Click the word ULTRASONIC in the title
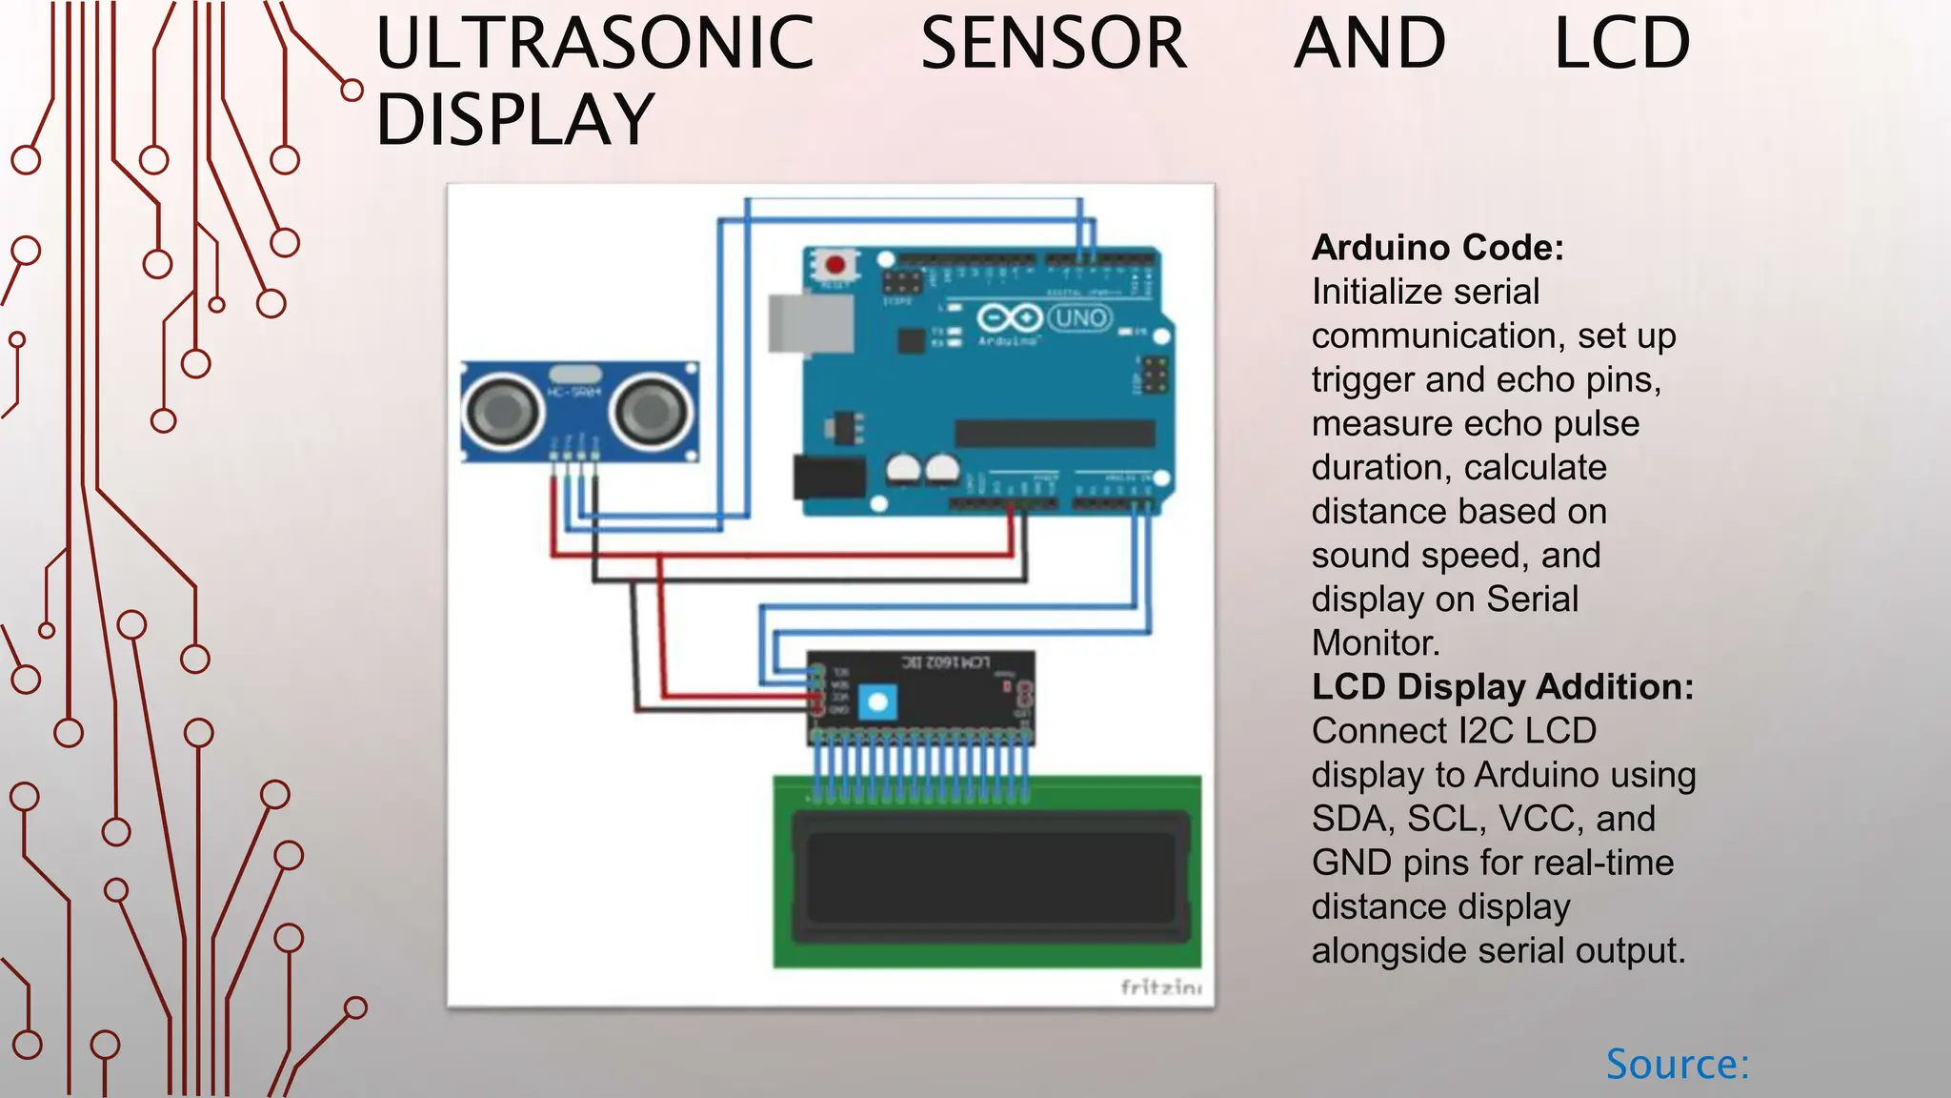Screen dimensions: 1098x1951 coord(594,44)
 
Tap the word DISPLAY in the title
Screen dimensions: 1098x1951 coord(515,120)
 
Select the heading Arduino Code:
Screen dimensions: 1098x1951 coord(1438,248)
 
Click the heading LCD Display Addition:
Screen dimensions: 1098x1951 coord(1502,687)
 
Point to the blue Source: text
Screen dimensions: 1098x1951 coord(1678,1065)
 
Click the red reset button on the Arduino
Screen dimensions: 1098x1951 coord(835,264)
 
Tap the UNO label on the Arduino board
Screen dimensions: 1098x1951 coord(1079,317)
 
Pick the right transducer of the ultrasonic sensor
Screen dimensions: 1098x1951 coord(653,412)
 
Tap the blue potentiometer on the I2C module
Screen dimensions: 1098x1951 coord(877,703)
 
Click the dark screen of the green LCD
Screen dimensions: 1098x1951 coord(990,876)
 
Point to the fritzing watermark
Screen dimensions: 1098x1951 coord(1160,987)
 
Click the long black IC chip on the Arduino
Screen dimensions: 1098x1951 coord(1055,433)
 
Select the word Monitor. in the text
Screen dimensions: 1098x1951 coord(1376,643)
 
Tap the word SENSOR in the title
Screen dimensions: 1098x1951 coord(1054,44)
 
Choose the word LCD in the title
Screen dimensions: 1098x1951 coord(1621,44)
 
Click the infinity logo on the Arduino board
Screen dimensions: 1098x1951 coord(1009,317)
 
